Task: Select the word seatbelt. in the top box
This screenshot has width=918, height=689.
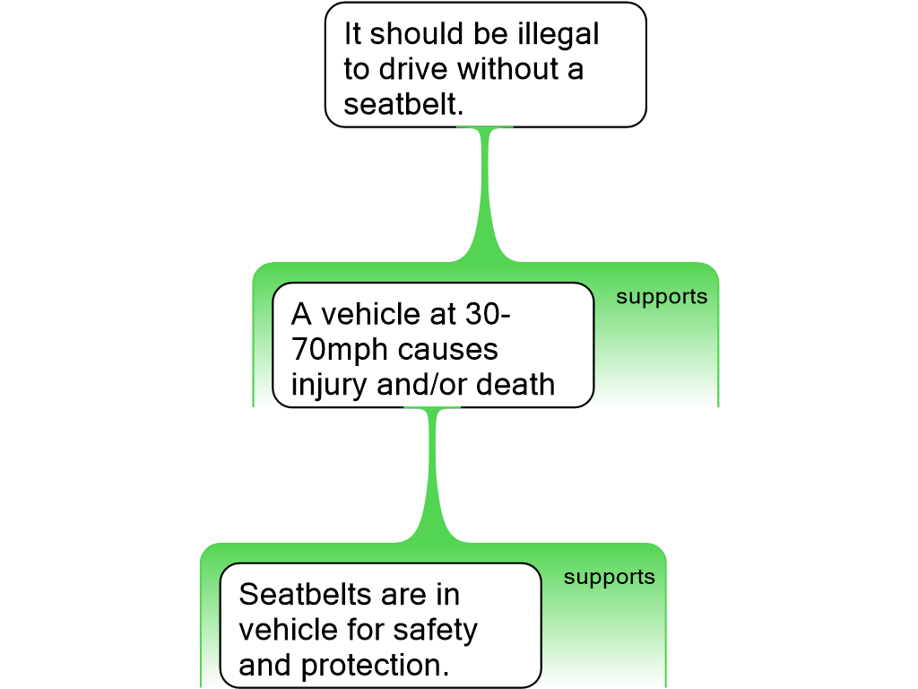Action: [403, 105]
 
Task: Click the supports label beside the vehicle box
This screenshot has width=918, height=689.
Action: [662, 297]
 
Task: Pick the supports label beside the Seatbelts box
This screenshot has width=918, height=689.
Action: [610, 577]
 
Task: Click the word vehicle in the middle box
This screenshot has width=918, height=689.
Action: [367, 315]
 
